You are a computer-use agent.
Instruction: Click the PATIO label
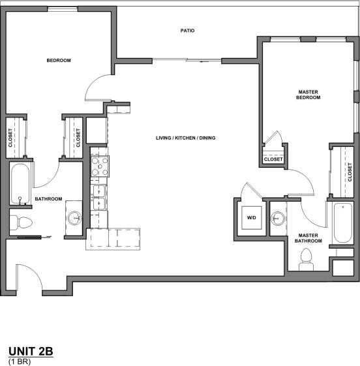pyautogui.click(x=188, y=31)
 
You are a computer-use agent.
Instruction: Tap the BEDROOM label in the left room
pyautogui.click(x=59, y=61)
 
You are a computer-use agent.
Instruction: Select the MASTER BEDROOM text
pyautogui.click(x=308, y=94)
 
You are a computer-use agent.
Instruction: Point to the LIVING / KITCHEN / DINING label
pyautogui.click(x=185, y=138)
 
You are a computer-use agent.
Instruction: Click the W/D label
pyautogui.click(x=251, y=217)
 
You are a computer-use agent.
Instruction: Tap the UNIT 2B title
pyautogui.click(x=30, y=352)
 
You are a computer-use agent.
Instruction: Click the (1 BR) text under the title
pyautogui.click(x=20, y=361)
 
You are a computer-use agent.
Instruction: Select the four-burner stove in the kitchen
pyautogui.click(x=100, y=166)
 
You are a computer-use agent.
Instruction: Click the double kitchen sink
pyautogui.click(x=99, y=198)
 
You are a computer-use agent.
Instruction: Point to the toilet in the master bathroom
pyautogui.click(x=305, y=262)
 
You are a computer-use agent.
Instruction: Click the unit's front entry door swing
pyautogui.click(x=30, y=277)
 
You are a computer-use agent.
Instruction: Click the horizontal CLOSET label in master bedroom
pyautogui.click(x=273, y=159)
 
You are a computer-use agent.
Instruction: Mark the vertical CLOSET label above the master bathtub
pyautogui.click(x=350, y=172)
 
